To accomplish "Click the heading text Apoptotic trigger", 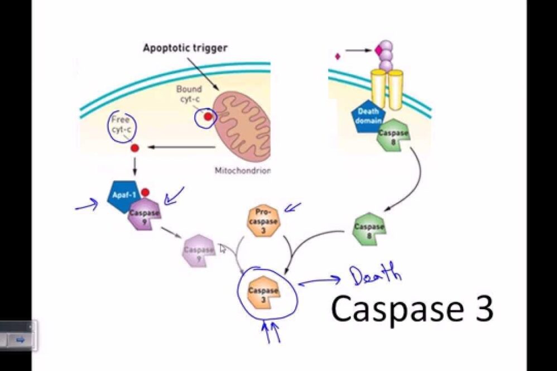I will point(185,48).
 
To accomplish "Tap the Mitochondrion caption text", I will point(242,170).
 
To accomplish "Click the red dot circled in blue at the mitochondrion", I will point(208,117).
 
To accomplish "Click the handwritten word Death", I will point(375,274).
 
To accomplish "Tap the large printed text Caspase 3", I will point(412,309).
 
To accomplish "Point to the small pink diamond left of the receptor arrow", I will point(337,56).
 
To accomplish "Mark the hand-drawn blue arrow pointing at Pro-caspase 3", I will point(292,208).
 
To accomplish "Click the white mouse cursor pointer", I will point(223,249).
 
